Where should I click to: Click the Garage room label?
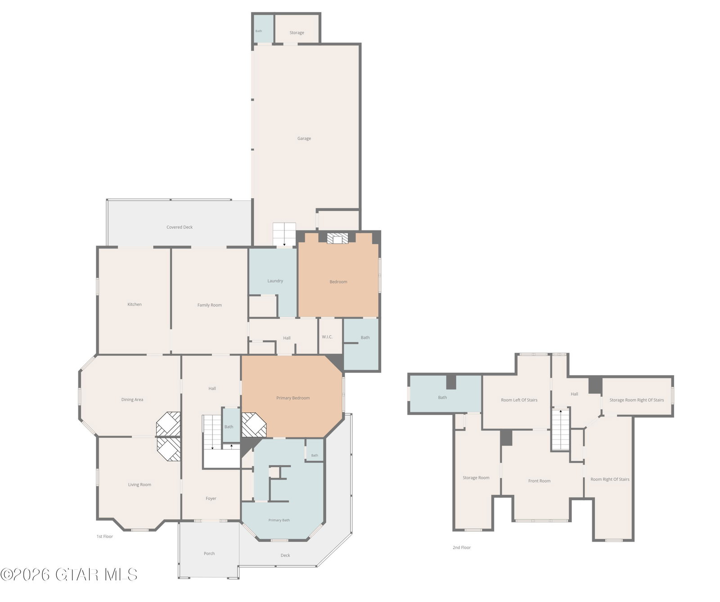[x=304, y=139]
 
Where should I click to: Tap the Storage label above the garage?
[x=297, y=33]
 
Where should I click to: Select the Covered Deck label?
[x=180, y=227]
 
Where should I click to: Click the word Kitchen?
[x=135, y=305]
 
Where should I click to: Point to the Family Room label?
[x=210, y=305]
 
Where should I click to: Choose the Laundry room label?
[x=275, y=281]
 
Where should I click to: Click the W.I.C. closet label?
[x=327, y=337]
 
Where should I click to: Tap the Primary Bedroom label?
[x=293, y=398]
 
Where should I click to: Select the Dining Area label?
[x=132, y=400]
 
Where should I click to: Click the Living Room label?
[x=139, y=485]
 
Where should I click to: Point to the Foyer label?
[x=211, y=499]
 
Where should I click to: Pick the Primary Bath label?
[x=279, y=521]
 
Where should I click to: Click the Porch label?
[x=209, y=554]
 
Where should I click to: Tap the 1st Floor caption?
[x=105, y=537]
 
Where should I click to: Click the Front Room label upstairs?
[x=540, y=481]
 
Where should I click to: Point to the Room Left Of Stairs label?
[x=519, y=400]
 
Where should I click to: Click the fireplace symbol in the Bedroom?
[x=337, y=238]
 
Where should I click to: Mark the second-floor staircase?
[x=561, y=428]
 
